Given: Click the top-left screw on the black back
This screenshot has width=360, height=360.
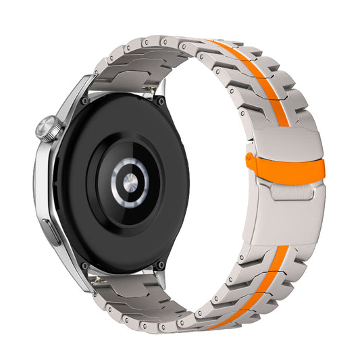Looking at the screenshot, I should tap(84, 101).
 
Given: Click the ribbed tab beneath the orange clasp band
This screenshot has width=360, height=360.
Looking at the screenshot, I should tap(290, 188).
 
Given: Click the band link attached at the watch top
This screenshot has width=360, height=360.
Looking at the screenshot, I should tap(128, 75).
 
